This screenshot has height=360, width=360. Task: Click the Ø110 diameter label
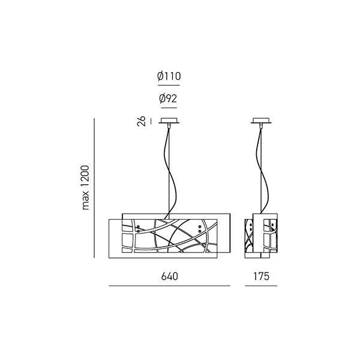point(169,76)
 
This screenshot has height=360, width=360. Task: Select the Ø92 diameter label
point(168,98)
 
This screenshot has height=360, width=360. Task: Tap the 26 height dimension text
point(142,121)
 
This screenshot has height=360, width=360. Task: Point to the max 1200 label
point(85,187)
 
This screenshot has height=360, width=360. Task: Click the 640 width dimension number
point(169,277)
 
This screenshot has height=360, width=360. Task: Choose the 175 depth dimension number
point(261,277)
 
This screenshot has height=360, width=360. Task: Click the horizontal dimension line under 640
point(169,286)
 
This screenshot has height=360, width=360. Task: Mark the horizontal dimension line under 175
point(261,286)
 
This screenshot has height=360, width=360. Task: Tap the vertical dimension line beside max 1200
point(94,188)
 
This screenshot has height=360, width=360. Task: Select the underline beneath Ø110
point(169,85)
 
